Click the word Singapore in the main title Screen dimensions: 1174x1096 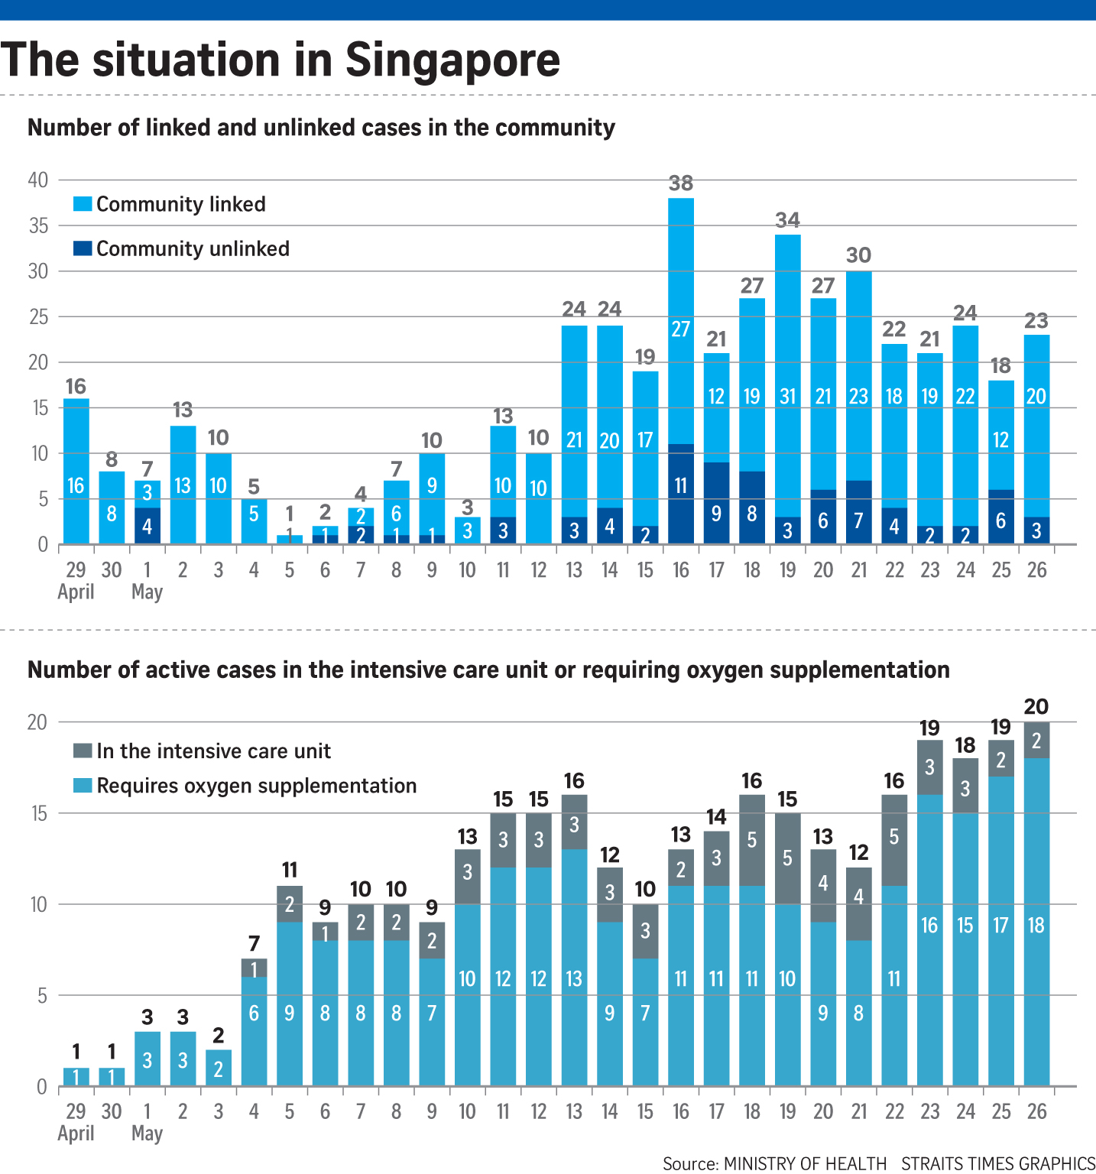452,60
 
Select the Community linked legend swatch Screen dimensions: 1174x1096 83,204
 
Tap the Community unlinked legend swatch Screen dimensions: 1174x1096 83,248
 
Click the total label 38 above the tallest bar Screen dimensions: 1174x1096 680,183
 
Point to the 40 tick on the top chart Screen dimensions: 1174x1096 38,180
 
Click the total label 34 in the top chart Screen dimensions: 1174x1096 787,220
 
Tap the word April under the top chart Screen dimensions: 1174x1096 76,592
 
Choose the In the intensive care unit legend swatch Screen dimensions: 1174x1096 83,751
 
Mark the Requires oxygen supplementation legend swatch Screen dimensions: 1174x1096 83,786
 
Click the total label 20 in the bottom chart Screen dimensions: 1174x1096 1036,707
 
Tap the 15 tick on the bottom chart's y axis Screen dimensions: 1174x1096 38,813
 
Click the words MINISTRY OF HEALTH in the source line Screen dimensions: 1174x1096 805,1163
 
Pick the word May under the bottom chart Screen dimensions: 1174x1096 147,1133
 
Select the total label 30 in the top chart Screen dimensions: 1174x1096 858,255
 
